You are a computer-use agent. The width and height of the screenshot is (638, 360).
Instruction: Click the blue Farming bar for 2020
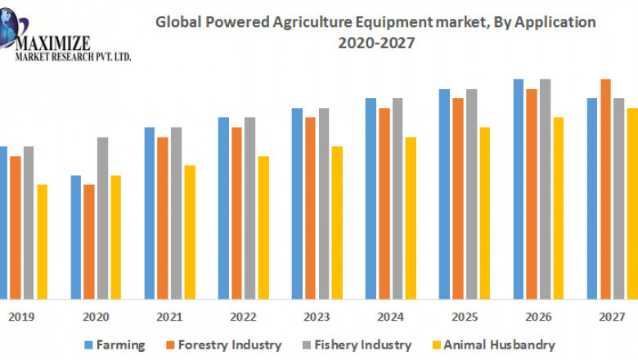tap(76, 236)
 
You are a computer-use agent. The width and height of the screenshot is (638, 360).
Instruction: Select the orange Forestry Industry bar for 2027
tap(606, 188)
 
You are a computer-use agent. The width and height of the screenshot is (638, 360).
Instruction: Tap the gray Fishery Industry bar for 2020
tap(102, 217)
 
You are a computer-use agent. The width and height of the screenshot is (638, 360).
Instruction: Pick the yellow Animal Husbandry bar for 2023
tap(337, 222)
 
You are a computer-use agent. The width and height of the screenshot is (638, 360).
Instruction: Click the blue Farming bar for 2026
tap(519, 188)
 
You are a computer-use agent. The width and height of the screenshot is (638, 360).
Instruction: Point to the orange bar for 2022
tap(236, 213)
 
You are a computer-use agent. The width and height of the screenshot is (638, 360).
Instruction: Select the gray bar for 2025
tap(471, 193)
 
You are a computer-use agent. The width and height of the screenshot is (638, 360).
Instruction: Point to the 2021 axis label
tap(169, 316)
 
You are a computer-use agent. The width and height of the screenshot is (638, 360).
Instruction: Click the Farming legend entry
tap(114, 345)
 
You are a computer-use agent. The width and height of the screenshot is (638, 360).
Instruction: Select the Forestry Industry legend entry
tap(229, 345)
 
